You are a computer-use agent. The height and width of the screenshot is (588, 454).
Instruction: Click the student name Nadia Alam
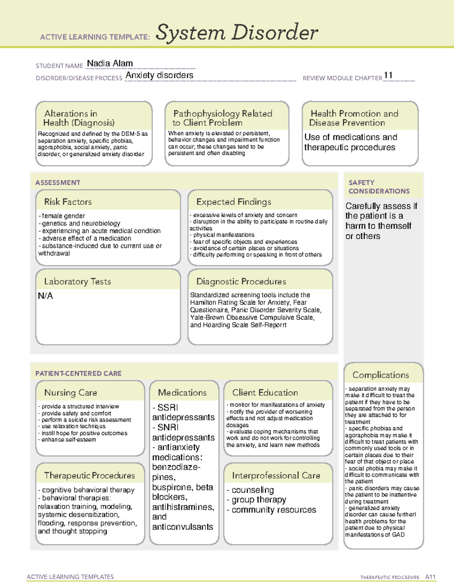click(x=110, y=64)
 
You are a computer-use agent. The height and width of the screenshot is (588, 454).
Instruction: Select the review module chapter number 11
click(x=388, y=75)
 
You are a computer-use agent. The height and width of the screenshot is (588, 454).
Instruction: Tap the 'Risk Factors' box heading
click(x=68, y=202)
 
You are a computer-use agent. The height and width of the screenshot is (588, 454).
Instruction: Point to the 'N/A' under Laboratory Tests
click(x=45, y=296)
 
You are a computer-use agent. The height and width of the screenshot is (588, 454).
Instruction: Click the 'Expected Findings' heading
click(x=233, y=202)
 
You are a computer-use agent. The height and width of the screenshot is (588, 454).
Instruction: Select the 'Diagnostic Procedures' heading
click(x=241, y=282)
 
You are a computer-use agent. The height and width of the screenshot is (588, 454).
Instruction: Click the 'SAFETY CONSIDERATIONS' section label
click(x=379, y=187)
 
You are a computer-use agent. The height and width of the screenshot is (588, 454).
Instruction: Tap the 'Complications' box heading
click(x=380, y=375)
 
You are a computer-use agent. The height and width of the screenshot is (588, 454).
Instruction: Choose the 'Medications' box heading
click(x=182, y=393)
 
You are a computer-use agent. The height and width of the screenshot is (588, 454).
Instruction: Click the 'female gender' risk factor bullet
click(x=63, y=216)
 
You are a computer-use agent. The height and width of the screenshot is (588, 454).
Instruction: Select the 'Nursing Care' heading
click(x=70, y=393)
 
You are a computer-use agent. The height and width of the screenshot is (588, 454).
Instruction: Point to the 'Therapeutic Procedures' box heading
click(x=89, y=476)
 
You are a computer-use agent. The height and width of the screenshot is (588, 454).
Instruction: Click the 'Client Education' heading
click(x=265, y=393)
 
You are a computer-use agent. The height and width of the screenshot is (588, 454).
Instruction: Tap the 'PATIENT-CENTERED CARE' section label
click(x=78, y=373)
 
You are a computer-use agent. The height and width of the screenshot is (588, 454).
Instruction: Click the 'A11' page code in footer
click(x=430, y=577)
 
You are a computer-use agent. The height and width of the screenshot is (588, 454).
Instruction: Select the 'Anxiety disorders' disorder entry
click(x=159, y=75)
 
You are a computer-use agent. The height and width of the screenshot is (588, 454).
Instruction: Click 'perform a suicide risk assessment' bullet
click(x=86, y=420)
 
